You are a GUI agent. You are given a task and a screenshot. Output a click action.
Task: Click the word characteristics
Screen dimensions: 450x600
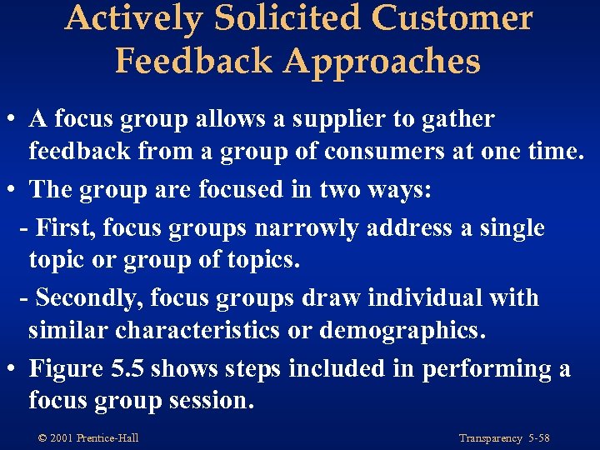pyautogui.click(x=197, y=331)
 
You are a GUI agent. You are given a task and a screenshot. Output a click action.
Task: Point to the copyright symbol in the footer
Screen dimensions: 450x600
pyautogui.click(x=42, y=438)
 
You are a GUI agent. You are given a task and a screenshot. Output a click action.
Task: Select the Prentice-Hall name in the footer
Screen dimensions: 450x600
pyautogui.click(x=107, y=438)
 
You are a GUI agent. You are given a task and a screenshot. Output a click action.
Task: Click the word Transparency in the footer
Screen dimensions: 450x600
pyautogui.click(x=490, y=438)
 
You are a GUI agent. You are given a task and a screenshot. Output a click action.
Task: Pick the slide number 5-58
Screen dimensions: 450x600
pyautogui.click(x=540, y=438)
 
